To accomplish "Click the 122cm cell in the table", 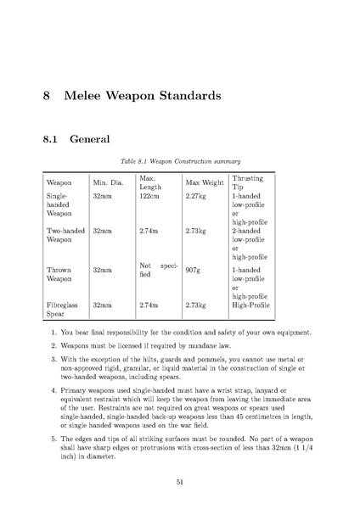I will click(x=149, y=195).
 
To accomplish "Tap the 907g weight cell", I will click(x=193, y=271).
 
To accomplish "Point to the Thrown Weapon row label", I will click(x=60, y=274).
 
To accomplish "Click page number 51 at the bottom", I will click(x=180, y=481).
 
